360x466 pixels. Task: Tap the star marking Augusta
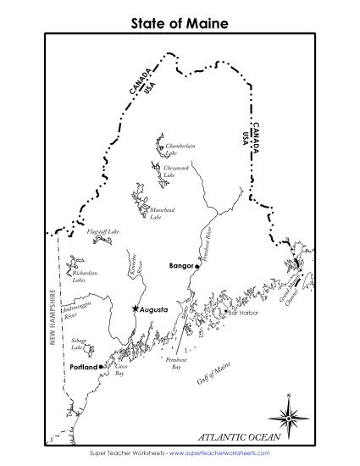pos(135,309)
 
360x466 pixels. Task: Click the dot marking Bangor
pos(197,266)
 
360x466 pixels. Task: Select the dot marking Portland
pos(101,366)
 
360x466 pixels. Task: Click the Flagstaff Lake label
pos(102,230)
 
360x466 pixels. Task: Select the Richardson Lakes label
pos(84,275)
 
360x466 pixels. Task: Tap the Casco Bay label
pos(119,370)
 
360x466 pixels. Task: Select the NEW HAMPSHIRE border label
pos(52,317)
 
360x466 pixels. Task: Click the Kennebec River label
pos(140,269)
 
